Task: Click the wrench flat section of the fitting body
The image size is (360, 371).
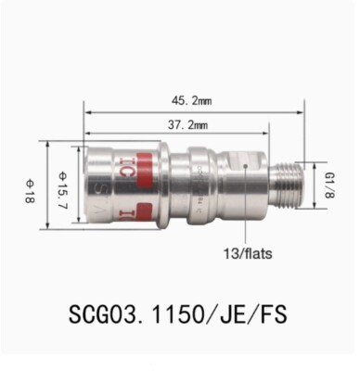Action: click(x=243, y=176)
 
